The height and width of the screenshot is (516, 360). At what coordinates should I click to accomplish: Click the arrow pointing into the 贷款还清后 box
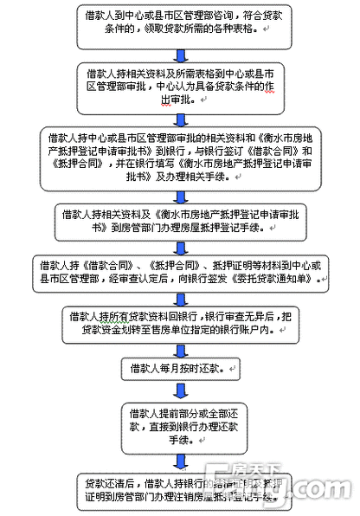coord(177,460)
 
